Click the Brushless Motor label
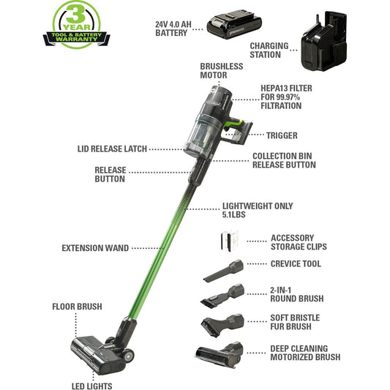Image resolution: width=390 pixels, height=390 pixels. pyautogui.click(x=222, y=70)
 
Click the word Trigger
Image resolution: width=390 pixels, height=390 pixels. pyautogui.click(x=282, y=135)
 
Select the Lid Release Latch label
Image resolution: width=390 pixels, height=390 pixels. pyautogui.click(x=111, y=148)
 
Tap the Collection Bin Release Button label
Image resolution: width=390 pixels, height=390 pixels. pyautogui.click(x=284, y=160)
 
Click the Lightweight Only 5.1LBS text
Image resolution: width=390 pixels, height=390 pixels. pyautogui.click(x=257, y=211)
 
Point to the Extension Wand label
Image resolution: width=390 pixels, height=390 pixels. pyautogui.click(x=95, y=248)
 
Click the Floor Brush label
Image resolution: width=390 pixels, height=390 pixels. pyautogui.click(x=77, y=306)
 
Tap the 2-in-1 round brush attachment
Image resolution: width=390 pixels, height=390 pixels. pyautogui.click(x=223, y=297)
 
